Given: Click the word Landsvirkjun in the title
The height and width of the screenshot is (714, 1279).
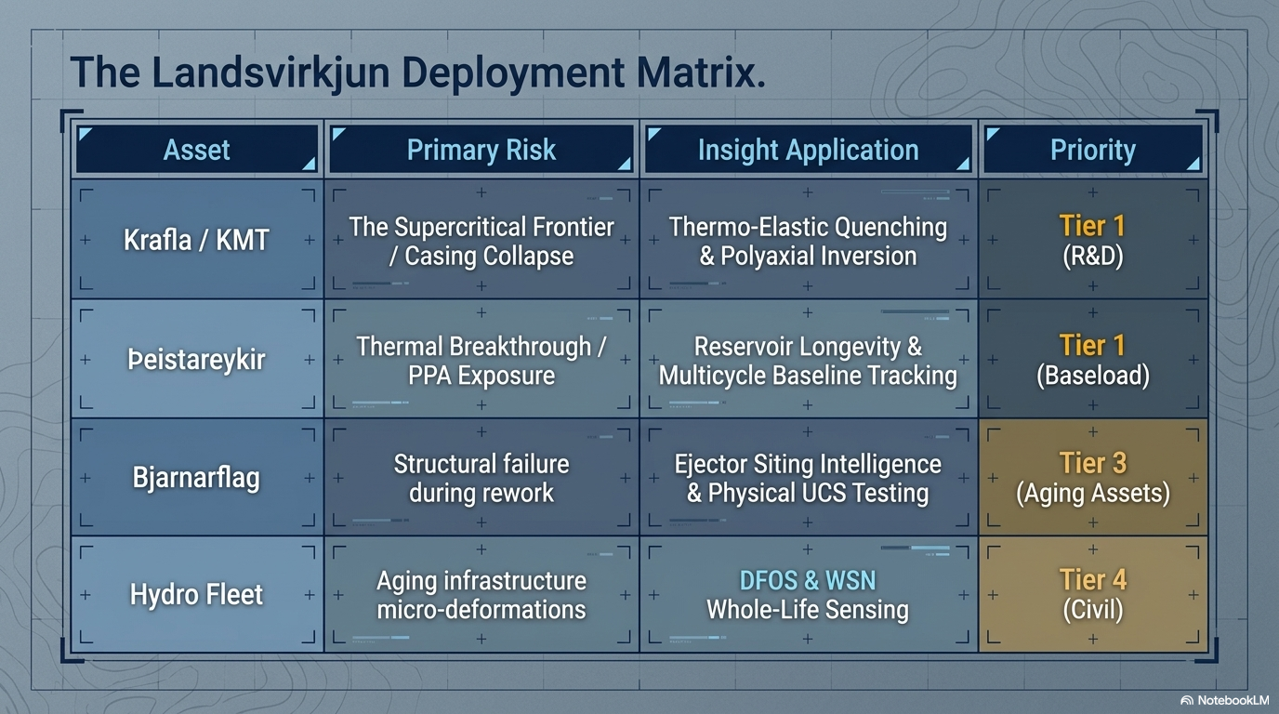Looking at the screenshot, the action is tap(270, 73).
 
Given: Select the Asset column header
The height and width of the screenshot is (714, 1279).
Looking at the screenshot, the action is tap(196, 149).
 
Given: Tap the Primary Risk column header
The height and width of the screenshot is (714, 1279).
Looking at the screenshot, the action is tap(481, 149).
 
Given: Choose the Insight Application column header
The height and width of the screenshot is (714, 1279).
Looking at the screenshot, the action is tap(808, 149).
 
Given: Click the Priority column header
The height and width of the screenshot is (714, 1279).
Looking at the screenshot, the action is tap(1093, 149).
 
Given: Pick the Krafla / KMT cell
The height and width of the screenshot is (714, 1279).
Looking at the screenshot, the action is tap(196, 240).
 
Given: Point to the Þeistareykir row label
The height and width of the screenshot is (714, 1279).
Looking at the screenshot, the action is tap(196, 360).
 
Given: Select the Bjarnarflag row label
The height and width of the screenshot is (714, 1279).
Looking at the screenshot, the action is tap(196, 478).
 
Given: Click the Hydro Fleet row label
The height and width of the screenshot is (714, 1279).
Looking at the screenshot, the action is tap(196, 595).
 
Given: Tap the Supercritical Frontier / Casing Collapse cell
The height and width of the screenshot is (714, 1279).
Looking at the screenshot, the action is tap(481, 240).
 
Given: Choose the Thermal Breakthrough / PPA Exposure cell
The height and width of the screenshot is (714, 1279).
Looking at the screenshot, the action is tap(481, 360).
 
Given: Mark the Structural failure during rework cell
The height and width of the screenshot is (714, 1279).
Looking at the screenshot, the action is tap(481, 478).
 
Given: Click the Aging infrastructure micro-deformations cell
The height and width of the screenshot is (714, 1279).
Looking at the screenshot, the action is tap(481, 595).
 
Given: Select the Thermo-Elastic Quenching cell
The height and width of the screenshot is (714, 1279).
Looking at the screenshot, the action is tap(808, 240).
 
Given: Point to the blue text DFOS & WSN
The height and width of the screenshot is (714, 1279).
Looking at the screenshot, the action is tap(808, 580).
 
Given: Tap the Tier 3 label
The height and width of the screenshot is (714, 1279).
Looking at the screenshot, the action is tap(1093, 463).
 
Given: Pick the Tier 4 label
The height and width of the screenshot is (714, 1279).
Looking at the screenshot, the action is tap(1093, 579).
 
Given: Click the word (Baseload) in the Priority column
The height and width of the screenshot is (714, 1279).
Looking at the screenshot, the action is tap(1093, 376).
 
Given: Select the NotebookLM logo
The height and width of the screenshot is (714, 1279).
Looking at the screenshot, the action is tap(1225, 700).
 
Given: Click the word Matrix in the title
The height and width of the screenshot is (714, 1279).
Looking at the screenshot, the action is tap(700, 72).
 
